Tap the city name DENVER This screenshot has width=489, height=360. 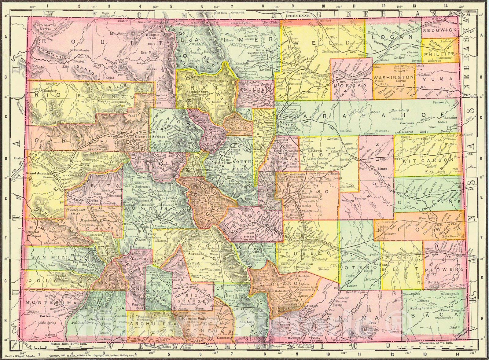coord(286,125)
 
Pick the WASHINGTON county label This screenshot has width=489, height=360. coord(393,77)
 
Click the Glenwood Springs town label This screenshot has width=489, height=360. coord(145,136)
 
